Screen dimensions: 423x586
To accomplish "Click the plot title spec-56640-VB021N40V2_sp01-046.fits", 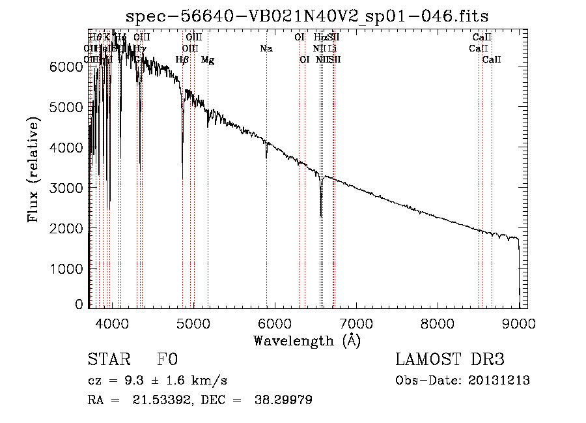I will [x=307, y=15].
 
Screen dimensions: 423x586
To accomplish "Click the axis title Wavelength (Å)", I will [x=307, y=340].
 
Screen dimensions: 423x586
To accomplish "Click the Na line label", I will [x=266, y=48].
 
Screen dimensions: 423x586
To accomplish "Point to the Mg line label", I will [x=208, y=60].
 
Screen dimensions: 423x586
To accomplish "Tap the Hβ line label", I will [x=182, y=60].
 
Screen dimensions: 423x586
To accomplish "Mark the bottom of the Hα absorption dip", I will [x=321, y=216].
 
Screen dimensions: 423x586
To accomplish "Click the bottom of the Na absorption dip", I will [x=266, y=157].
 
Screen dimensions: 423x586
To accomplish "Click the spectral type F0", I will [x=168, y=360].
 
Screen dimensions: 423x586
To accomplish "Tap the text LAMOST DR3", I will [x=450, y=360].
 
